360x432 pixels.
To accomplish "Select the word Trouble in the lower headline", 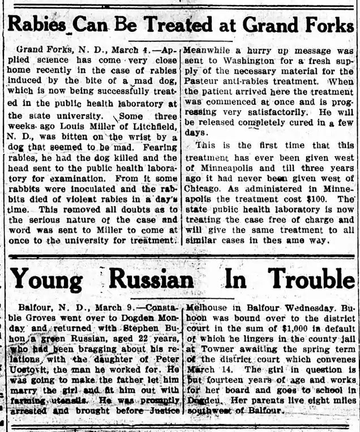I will [x=311, y=279].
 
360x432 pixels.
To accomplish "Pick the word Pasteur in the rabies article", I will [x=205, y=82].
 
